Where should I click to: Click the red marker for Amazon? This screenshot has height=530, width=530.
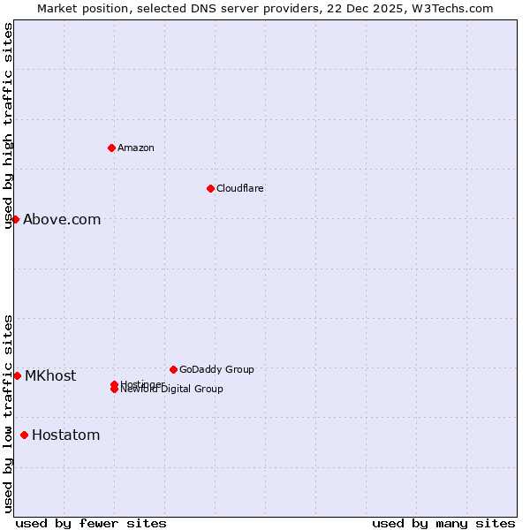(x=111, y=148)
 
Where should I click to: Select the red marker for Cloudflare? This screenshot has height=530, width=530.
(x=210, y=188)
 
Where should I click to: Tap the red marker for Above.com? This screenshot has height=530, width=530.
(x=15, y=219)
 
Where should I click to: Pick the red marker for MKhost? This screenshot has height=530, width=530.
(x=17, y=375)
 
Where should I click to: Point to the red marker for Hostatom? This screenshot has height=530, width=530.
(x=24, y=435)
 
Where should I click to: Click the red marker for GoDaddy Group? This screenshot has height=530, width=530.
(x=173, y=369)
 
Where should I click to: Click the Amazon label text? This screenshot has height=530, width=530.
(x=136, y=148)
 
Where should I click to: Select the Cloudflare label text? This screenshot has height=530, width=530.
(x=240, y=188)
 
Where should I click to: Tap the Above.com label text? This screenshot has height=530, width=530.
(x=62, y=219)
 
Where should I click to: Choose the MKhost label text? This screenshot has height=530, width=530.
(x=50, y=375)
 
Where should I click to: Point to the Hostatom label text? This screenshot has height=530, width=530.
(x=66, y=435)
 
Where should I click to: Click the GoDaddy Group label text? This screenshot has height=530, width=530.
(x=216, y=369)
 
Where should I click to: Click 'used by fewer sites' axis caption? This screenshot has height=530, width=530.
(x=91, y=523)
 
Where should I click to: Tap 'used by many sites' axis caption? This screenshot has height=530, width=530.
(x=443, y=523)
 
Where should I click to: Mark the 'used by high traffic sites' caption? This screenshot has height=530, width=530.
(x=8, y=125)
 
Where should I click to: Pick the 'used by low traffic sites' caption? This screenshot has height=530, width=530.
(x=8, y=413)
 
